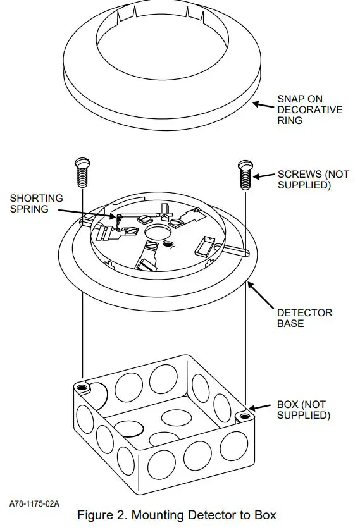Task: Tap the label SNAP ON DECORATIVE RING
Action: click(309, 109)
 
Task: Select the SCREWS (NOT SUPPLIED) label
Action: click(313, 180)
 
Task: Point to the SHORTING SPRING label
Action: click(36, 203)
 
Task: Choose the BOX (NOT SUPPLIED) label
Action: click(304, 410)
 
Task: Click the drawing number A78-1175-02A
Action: click(34, 503)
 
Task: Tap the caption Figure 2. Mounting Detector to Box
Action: click(177, 515)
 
